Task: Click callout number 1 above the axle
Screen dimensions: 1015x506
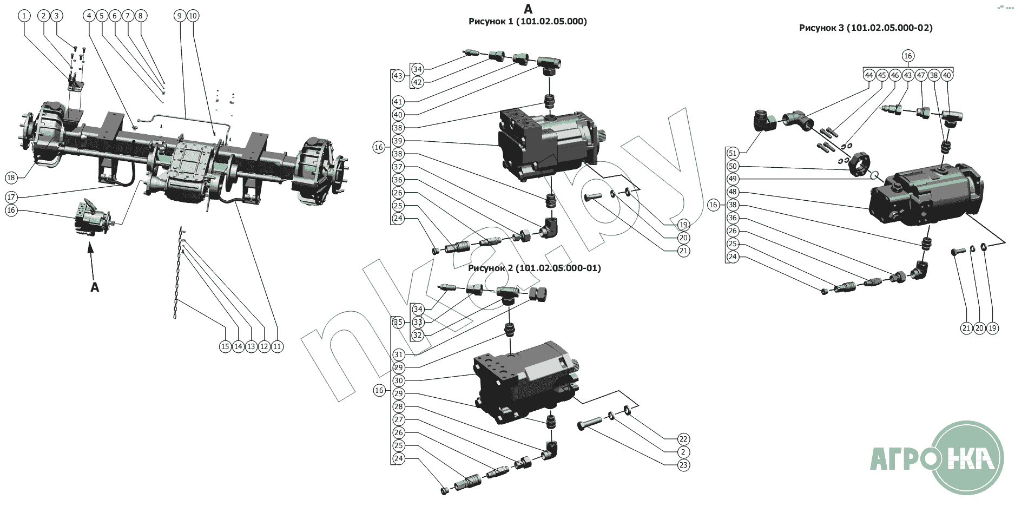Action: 24,16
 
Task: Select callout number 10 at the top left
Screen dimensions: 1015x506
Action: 193,16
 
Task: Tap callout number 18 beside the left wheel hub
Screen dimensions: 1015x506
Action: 11,178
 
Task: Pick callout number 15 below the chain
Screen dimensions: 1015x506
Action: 226,346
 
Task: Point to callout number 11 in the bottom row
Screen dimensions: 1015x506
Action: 277,346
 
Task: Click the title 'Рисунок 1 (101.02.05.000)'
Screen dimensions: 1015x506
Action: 528,22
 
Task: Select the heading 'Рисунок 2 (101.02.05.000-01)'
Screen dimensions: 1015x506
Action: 534,268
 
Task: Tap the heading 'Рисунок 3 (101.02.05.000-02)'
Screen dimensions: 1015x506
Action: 866,28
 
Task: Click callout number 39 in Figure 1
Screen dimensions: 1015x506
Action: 398,141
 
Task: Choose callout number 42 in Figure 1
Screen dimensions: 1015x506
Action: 418,82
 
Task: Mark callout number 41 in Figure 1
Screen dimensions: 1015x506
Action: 398,102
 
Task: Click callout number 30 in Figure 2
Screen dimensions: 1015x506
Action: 399,380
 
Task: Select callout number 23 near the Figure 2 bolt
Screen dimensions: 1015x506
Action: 683,465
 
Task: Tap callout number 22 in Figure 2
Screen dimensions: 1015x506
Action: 683,439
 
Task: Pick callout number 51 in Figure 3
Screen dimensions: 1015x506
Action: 733,153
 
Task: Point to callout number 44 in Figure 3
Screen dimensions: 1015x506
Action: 869,75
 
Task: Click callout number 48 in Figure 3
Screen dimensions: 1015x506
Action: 733,192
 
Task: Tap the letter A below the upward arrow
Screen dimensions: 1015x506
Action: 95,287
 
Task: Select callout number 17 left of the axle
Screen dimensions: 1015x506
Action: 11,197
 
